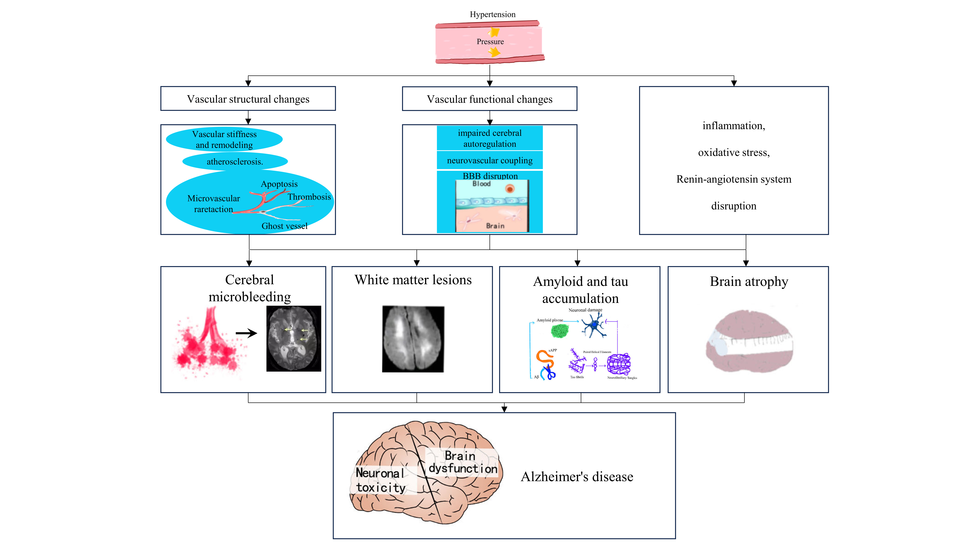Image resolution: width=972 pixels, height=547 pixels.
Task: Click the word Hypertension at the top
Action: click(492, 14)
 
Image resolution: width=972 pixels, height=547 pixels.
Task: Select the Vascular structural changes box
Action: click(248, 99)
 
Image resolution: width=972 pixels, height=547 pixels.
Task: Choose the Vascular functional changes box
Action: click(489, 99)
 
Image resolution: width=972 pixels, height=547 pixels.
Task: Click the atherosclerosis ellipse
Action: click(235, 162)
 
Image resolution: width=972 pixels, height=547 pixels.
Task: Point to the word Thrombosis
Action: click(309, 197)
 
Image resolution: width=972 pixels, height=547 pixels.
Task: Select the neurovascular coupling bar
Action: click(489, 160)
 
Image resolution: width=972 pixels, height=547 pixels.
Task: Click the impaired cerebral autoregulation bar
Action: click(489, 138)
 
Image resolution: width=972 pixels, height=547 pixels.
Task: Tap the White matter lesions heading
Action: click(413, 280)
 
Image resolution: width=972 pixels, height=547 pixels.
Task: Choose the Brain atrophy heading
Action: click(749, 282)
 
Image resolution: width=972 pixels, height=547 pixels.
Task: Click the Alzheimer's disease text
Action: click(577, 477)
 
